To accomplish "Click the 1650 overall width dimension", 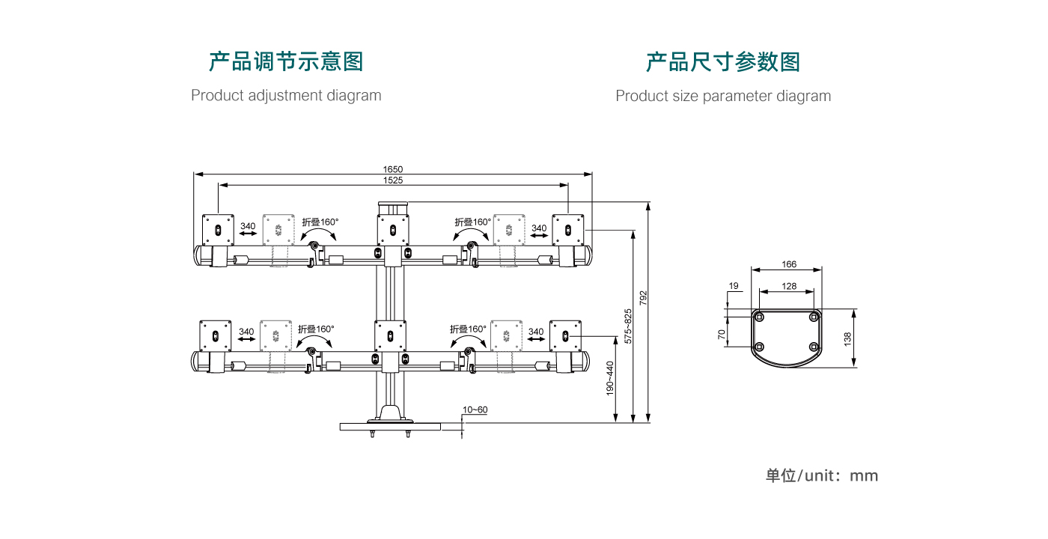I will pos(393,169).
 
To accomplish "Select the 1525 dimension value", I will pos(393,180).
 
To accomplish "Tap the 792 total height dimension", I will pos(643,297).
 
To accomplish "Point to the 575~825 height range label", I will pos(628,326).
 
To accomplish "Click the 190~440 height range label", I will pos(610,378).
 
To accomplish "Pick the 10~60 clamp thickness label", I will pos(475,409).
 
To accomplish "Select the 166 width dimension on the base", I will pos(788,264).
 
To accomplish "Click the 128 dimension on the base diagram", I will pos(788,286).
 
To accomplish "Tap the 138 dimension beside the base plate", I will pos(847,338).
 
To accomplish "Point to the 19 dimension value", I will pos(734,286).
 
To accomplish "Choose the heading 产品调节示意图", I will pos(286,61).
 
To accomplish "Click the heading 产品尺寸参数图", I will pos(723,61).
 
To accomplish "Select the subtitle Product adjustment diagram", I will pos(286,96).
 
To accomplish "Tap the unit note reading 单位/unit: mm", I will pos(821,475).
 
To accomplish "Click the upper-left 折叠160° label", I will pos(320,222).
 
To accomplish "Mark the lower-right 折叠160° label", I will pos(468,329).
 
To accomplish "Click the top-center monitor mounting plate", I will pos(393,228).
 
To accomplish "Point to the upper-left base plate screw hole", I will pos(760,317).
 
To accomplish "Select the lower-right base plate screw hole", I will pos(814,347).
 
